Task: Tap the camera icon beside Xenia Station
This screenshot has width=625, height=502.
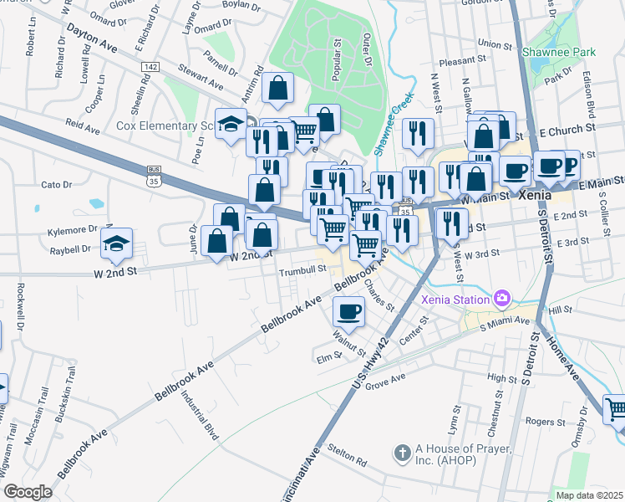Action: click(501, 297)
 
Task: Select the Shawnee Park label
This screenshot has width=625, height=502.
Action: click(558, 52)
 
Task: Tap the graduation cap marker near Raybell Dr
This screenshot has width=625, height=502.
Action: click(116, 243)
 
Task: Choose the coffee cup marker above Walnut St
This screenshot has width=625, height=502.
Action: click(348, 311)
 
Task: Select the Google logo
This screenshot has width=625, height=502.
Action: click(28, 492)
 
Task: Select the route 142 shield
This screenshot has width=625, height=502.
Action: click(150, 66)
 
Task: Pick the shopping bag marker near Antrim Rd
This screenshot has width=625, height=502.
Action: click(277, 87)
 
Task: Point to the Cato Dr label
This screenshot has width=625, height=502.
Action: click(56, 184)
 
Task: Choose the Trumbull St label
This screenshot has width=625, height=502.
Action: click(302, 270)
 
